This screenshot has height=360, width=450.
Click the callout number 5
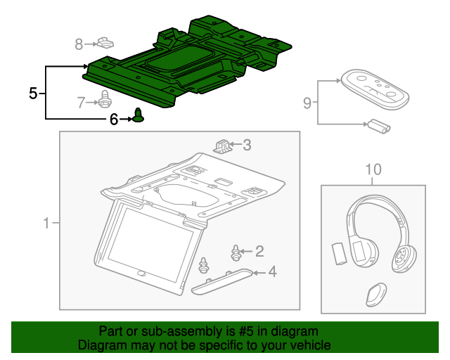(32, 92)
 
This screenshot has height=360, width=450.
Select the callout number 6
(114, 120)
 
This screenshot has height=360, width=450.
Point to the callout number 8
(79, 44)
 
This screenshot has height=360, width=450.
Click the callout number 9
(307, 103)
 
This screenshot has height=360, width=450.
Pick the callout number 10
(373, 169)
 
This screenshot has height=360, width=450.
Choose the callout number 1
(46, 224)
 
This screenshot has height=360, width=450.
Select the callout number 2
(259, 250)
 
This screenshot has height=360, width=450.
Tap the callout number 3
(247, 146)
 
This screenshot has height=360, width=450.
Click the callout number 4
(271, 272)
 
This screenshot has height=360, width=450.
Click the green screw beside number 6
(139, 116)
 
